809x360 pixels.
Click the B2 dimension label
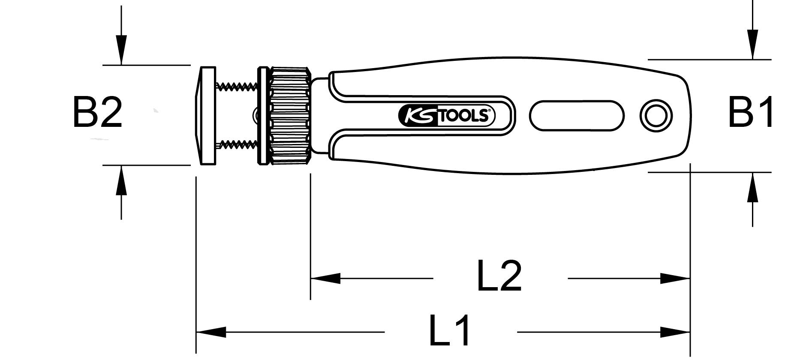[x=98, y=112]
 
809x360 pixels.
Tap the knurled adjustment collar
[x=290, y=115]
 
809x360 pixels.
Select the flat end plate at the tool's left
[x=206, y=115]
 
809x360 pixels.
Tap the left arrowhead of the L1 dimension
[x=211, y=332]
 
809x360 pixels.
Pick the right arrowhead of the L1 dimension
[x=675, y=332]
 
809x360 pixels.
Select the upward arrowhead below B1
[x=752, y=187]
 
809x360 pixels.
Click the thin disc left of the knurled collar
[x=261, y=115]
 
